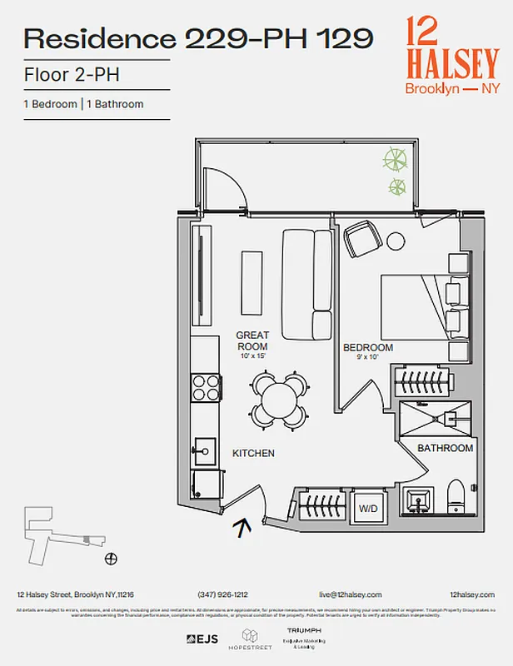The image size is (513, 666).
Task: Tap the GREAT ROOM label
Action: [252, 340]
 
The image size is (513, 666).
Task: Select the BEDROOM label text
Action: [368, 347]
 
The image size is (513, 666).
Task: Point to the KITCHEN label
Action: [253, 453]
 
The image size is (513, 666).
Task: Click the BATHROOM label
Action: [445, 448]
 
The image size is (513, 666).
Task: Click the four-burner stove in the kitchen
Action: [207, 388]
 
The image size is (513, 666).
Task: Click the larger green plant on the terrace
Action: [396, 157]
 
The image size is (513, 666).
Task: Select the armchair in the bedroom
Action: [361, 239]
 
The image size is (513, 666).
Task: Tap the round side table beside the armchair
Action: [396, 241]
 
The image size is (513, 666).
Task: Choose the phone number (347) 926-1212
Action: [223, 594]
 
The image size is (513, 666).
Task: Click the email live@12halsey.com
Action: [350, 594]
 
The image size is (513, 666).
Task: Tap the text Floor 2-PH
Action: [71, 75]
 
